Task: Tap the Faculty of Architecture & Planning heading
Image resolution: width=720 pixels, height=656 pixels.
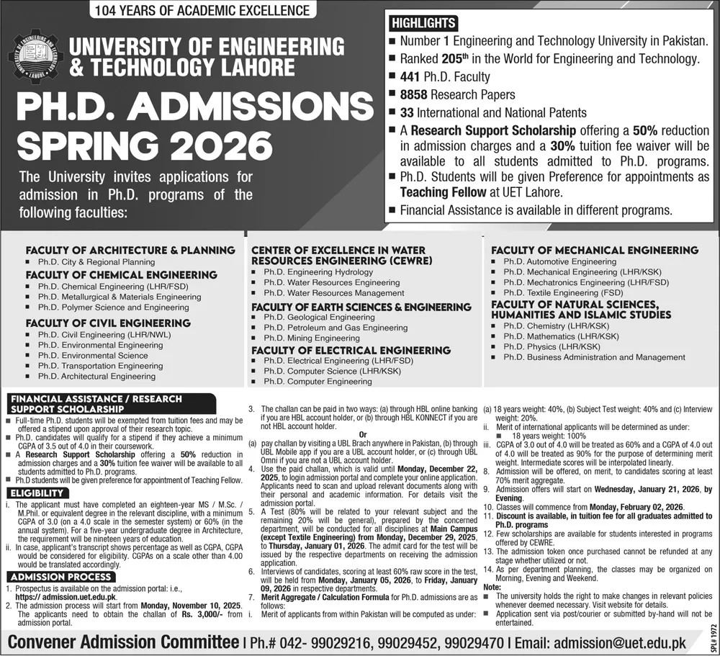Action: click(130, 251)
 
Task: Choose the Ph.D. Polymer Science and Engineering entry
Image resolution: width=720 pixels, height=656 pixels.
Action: click(114, 307)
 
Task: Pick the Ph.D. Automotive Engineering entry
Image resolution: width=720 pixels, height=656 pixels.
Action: click(560, 262)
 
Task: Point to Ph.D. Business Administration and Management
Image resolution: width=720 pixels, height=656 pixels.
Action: click(594, 357)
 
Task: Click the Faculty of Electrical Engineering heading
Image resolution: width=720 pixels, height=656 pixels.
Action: click(351, 350)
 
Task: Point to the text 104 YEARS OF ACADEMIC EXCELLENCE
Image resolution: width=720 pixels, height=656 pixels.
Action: click(203, 11)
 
